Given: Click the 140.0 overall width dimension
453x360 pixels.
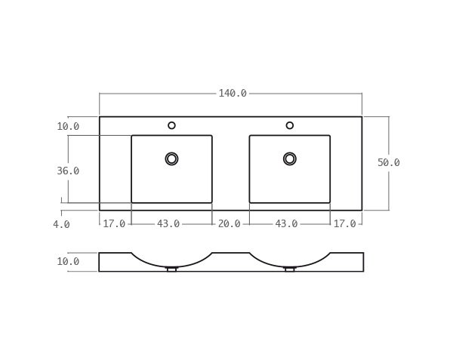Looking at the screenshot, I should point(233,94).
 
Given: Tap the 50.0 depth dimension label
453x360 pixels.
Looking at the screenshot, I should point(388,163).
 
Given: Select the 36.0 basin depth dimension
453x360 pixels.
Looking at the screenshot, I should point(68,171).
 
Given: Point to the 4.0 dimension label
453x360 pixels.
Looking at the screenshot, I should point(61,225).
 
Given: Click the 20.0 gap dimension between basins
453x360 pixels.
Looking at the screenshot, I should point(229,224).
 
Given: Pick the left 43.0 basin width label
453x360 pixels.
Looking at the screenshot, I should point(168,224).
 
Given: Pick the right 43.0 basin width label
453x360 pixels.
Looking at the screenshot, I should point(286,224).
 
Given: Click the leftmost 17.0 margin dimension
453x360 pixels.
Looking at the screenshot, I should point(114,224).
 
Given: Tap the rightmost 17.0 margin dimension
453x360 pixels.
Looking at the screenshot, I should point(344,224).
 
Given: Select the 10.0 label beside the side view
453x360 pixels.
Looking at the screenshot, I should point(68,262).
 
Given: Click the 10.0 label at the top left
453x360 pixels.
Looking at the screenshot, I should point(68,127).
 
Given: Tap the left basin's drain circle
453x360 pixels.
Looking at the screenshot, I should point(171,158).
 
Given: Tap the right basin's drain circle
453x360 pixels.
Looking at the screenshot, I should point(289,158).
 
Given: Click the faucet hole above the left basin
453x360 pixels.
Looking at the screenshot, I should point(171,125).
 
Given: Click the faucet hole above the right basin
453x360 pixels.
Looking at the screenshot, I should point(289,125).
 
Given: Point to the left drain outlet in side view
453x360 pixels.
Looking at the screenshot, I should point(171,269).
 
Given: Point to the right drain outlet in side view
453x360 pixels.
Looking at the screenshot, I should point(289,269).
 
